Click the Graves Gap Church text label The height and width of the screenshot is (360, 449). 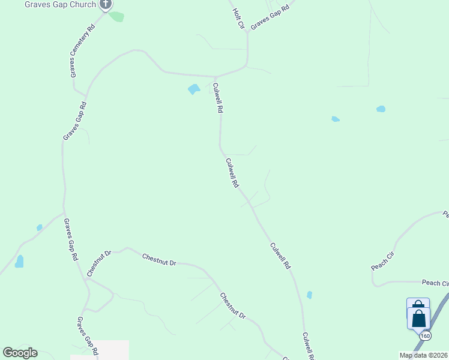(x=60, y=5)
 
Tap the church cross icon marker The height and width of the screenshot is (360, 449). (x=106, y=4)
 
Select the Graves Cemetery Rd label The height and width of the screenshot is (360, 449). (x=82, y=50)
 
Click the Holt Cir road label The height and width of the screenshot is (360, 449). (x=238, y=14)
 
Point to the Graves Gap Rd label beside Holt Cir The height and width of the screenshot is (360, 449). (x=270, y=17)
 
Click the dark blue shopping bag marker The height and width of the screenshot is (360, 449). (x=418, y=317)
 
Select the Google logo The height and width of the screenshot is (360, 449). (x=20, y=353)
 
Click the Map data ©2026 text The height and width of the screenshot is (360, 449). (x=424, y=355)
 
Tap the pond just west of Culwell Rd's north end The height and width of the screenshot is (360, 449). (x=193, y=89)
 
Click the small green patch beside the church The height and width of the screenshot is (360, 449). (x=116, y=16)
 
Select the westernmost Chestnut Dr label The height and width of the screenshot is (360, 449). (x=99, y=263)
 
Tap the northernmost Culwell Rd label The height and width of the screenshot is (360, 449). (x=219, y=98)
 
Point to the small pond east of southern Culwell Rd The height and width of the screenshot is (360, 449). (x=309, y=295)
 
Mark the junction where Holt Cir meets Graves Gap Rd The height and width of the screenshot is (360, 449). (x=247, y=31)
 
